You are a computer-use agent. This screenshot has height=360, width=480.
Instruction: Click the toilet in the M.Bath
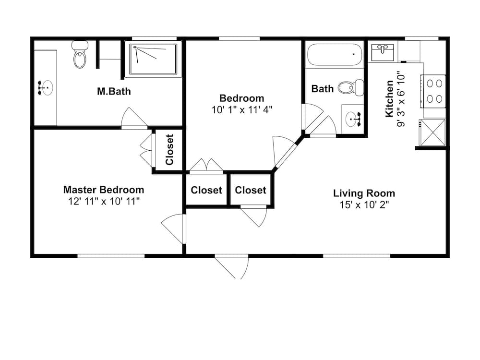click(x=80, y=55)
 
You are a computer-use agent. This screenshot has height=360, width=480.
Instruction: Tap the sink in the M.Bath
click(x=46, y=88)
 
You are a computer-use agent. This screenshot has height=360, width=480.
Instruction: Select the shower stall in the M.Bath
click(x=153, y=59)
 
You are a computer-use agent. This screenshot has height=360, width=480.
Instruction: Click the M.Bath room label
click(x=114, y=91)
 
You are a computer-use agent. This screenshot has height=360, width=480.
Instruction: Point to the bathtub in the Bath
click(x=334, y=55)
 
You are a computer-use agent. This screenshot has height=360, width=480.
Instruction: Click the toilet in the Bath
click(x=349, y=87)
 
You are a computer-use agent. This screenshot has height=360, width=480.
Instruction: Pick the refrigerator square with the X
click(x=432, y=132)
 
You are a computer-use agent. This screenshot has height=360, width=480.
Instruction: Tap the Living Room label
click(x=364, y=193)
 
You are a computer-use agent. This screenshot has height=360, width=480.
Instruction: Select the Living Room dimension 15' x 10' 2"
click(x=364, y=205)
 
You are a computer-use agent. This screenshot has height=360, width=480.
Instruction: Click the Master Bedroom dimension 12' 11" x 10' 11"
click(x=104, y=202)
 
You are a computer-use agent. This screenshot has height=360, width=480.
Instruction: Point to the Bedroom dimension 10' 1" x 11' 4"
click(x=242, y=109)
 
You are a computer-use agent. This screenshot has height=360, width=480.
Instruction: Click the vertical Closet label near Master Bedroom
click(x=169, y=149)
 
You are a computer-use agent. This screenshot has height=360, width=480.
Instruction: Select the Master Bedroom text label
click(x=104, y=190)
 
